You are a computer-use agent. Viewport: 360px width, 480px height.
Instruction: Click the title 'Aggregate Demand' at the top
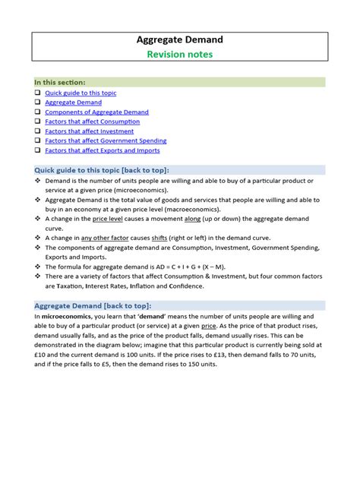tap(180, 39)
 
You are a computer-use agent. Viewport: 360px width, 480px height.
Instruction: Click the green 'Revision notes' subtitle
tap(180, 54)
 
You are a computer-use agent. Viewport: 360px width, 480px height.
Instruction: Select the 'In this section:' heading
tap(60, 82)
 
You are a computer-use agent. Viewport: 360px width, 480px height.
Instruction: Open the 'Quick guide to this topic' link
tap(81, 93)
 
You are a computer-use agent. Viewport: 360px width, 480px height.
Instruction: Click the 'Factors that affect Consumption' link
tap(92, 122)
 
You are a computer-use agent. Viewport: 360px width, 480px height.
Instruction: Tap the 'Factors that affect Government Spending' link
tap(106, 141)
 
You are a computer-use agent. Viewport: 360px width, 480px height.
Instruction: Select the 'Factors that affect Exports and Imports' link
tap(102, 150)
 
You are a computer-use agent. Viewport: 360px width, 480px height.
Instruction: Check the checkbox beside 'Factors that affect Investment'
tap(37, 131)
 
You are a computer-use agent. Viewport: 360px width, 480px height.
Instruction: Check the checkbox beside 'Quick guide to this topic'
tap(37, 93)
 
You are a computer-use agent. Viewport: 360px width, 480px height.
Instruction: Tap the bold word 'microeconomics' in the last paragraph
tap(68, 315)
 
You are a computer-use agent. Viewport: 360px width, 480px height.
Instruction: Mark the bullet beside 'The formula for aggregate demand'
tap(37, 267)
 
